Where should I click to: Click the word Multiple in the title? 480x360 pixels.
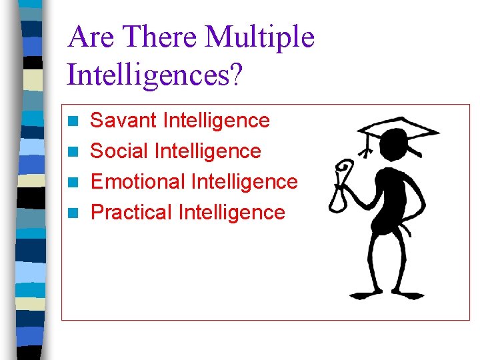coord(259,37)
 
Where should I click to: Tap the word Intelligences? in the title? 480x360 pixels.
coord(155,75)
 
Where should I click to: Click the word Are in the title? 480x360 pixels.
coord(91,37)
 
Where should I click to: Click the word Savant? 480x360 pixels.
coord(123,121)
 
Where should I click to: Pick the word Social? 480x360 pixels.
coord(119,151)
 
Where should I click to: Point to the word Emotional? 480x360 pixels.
coord(138,181)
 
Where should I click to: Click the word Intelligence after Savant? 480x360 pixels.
coord(216,121)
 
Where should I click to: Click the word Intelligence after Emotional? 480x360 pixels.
coord(244,181)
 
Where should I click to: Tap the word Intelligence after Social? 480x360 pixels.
coord(207,151)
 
